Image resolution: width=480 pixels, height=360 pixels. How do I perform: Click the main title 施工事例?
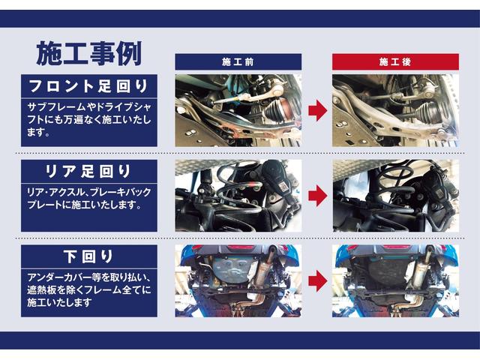click(88, 52)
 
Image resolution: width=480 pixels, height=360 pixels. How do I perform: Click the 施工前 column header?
click(238, 61)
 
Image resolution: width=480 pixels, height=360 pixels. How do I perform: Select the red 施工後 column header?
click(394, 61)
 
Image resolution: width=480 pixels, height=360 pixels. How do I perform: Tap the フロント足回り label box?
click(89, 84)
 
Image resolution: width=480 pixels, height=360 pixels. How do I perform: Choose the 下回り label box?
click(89, 256)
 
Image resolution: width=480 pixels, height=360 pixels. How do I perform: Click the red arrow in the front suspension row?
click(316, 110)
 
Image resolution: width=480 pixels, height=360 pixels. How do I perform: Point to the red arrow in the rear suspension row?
click(316, 196)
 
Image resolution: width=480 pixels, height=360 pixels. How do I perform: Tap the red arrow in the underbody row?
click(316, 280)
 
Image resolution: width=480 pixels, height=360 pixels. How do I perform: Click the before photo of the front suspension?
click(238, 110)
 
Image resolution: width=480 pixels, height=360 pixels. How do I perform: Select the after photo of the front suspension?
click(394, 110)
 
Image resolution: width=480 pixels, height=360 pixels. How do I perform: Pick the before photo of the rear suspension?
click(238, 196)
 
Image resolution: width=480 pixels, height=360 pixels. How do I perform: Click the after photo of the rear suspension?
click(394, 196)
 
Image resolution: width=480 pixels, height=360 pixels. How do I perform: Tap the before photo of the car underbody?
click(238, 280)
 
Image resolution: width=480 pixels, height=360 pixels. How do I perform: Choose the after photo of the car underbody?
click(394, 280)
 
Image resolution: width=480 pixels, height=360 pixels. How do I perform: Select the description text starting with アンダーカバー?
click(89, 289)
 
